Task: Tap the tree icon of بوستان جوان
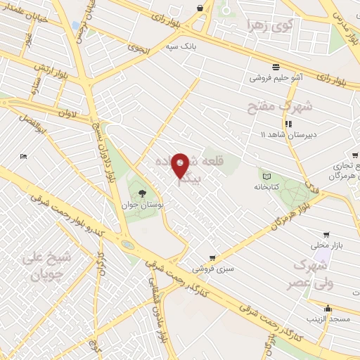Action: pos(143,193)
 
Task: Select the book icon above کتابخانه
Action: pos(266,176)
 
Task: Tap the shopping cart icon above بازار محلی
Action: pos(325,235)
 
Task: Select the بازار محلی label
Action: pos(325,246)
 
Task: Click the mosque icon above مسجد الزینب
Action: pos(327,308)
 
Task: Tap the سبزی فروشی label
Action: pos(217,269)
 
